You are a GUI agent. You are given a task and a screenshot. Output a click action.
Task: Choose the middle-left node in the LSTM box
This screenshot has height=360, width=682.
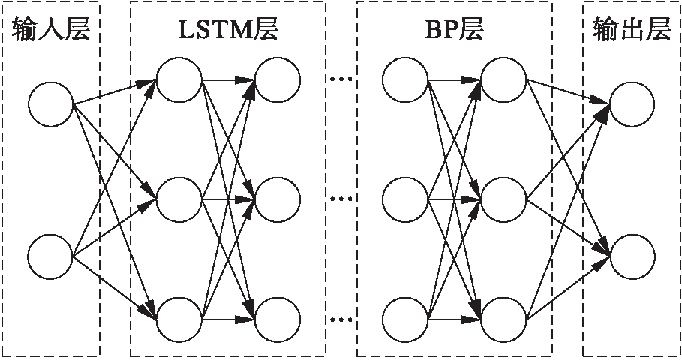tap(179, 199)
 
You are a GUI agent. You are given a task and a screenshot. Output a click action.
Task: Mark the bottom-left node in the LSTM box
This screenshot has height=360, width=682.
tap(179, 319)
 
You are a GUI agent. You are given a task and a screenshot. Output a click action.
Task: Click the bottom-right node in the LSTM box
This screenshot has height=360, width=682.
tap(278, 319)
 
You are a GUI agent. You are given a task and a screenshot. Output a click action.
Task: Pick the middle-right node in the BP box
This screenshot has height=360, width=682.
tap(503, 199)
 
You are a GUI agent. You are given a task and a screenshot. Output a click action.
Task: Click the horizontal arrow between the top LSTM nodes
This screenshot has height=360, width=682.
tap(229, 78)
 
